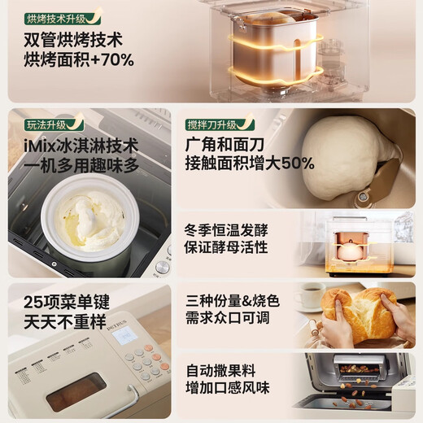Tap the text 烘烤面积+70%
(76, 59)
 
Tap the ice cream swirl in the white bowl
(90, 219)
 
